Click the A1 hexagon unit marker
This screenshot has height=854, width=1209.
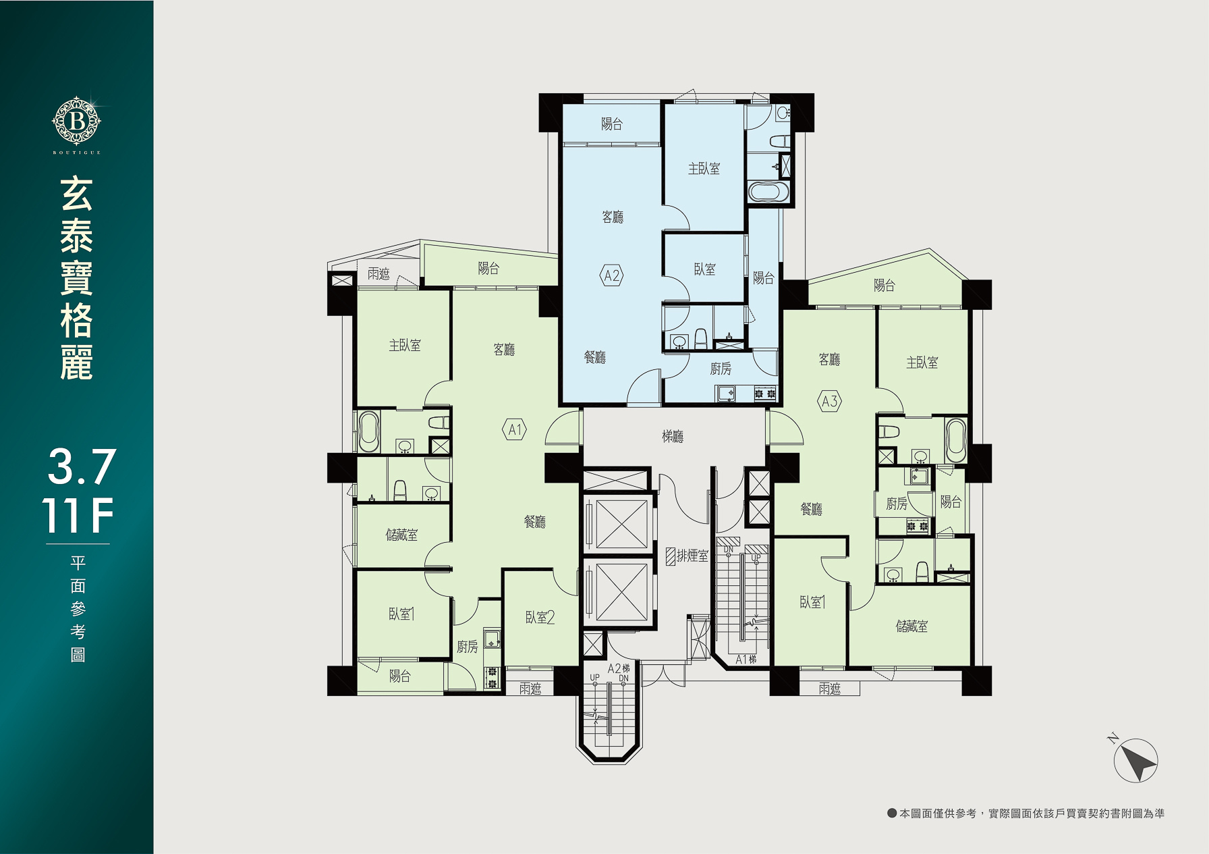515,429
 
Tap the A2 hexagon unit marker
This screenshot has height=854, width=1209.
611,275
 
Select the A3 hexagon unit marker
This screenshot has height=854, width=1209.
829,402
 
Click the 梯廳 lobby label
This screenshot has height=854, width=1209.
673,437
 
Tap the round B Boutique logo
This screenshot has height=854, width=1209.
76,122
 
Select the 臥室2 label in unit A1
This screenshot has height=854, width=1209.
540,618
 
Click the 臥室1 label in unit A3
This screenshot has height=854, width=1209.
813,602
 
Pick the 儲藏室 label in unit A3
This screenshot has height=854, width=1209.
911,626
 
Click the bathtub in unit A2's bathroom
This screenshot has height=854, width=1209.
768,192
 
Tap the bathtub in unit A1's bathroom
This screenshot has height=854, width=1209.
368,432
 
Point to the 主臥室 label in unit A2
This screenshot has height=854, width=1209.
704,169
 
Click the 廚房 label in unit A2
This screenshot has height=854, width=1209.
721,369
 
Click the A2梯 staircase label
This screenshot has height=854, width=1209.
619,668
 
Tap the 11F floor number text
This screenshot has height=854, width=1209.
78,516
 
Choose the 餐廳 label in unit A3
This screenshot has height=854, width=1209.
812,509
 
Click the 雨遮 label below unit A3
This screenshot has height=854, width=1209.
830,689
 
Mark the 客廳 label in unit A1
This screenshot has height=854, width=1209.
504,350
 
